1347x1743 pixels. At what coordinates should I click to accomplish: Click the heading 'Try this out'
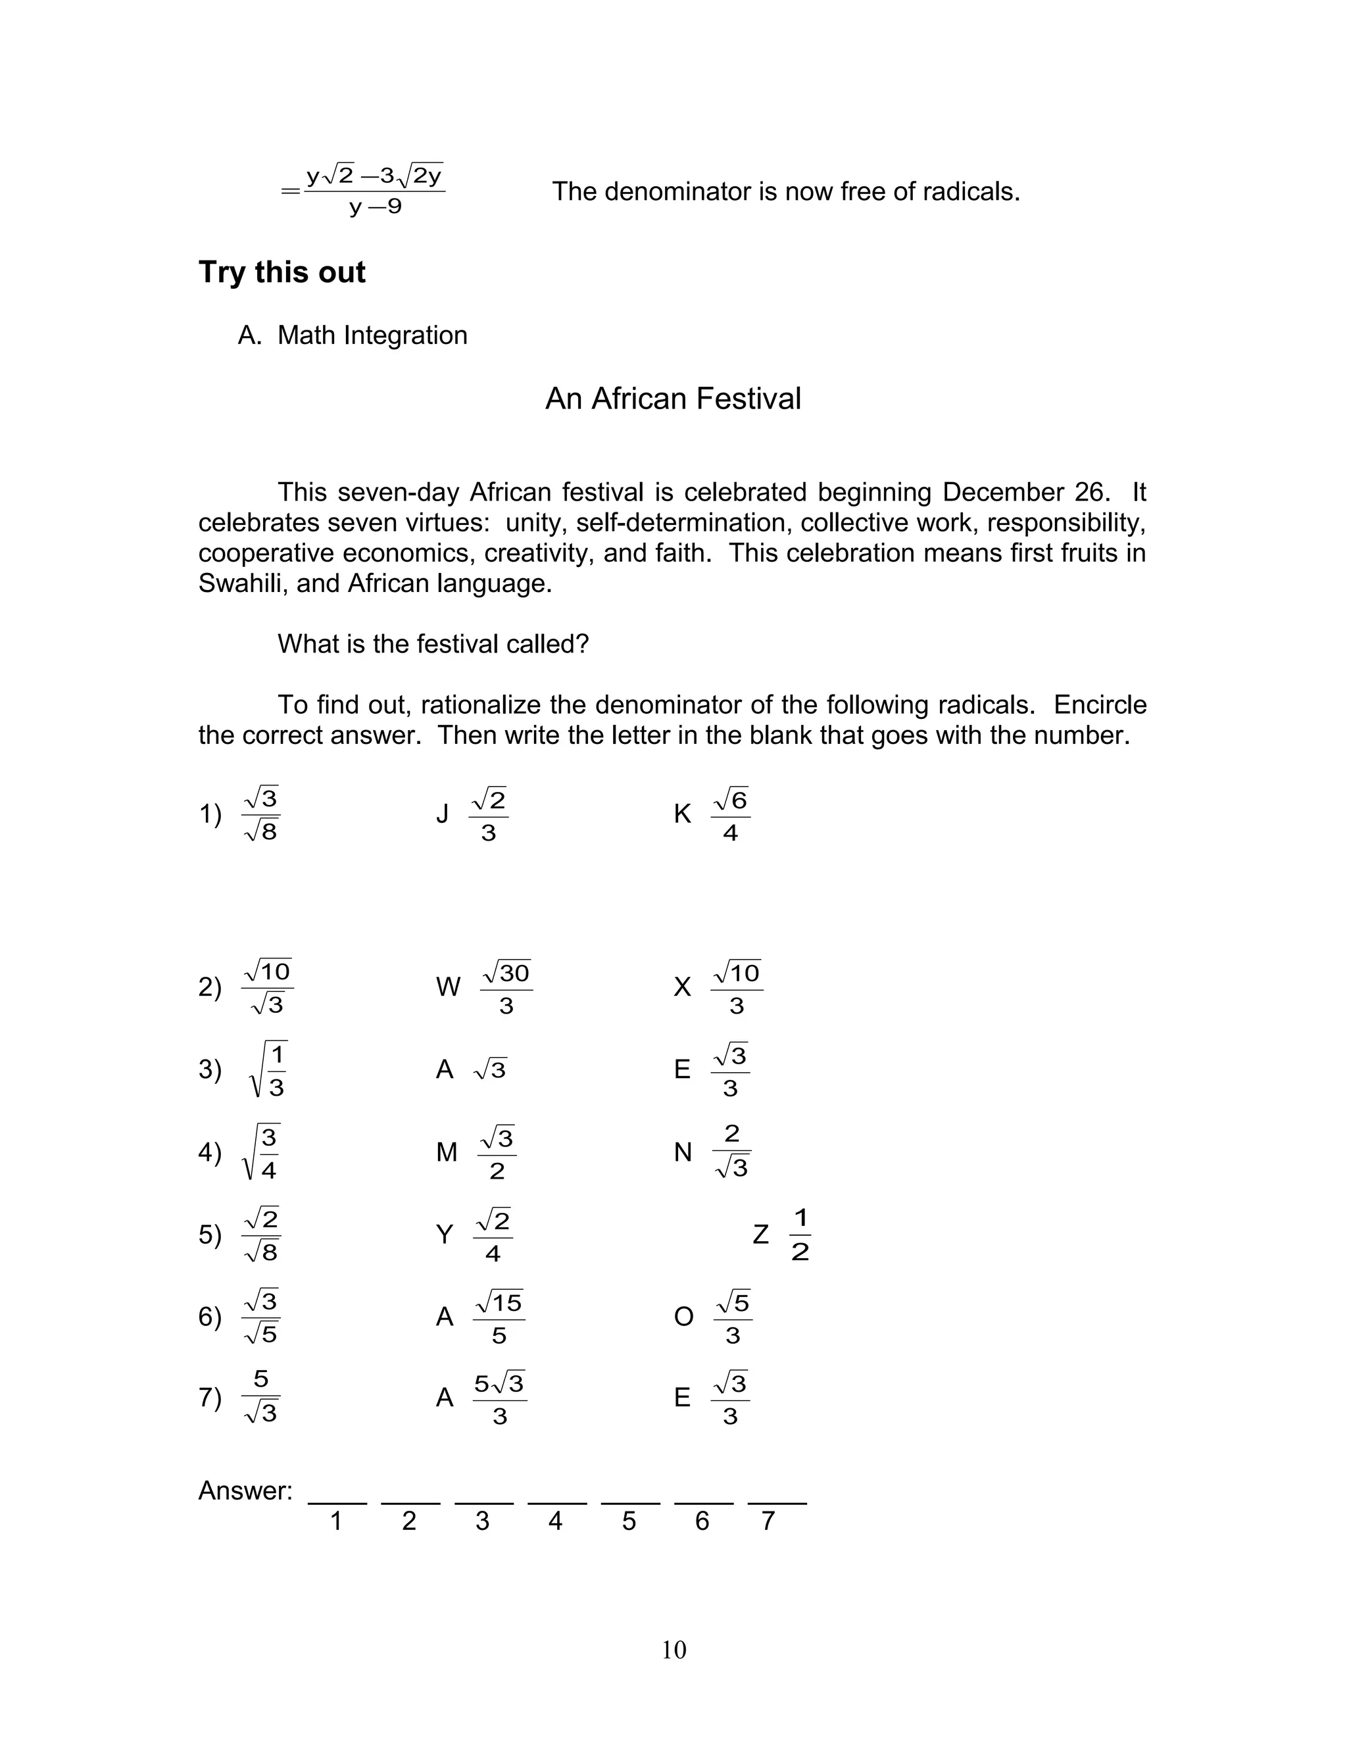pos(282,272)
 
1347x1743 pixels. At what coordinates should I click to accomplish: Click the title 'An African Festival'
pos(673,398)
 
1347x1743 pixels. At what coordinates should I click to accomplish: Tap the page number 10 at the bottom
pos(673,1650)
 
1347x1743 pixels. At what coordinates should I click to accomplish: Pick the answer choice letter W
pos(448,987)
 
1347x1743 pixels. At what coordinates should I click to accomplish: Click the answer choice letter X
pos(682,987)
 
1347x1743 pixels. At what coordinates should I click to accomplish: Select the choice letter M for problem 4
pos(447,1152)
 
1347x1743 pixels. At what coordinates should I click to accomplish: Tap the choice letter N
pos(683,1152)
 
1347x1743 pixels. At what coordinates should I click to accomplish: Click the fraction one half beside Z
pos(800,1235)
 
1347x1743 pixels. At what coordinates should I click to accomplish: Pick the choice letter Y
pos(445,1235)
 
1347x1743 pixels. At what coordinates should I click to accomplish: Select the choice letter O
pos(684,1317)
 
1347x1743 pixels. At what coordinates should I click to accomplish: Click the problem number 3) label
pos(210,1069)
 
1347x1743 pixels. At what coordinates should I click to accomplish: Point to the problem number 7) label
pos(210,1398)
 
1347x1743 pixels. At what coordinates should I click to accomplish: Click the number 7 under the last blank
pos(768,1521)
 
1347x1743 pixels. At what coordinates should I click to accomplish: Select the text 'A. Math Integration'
pos(352,335)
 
